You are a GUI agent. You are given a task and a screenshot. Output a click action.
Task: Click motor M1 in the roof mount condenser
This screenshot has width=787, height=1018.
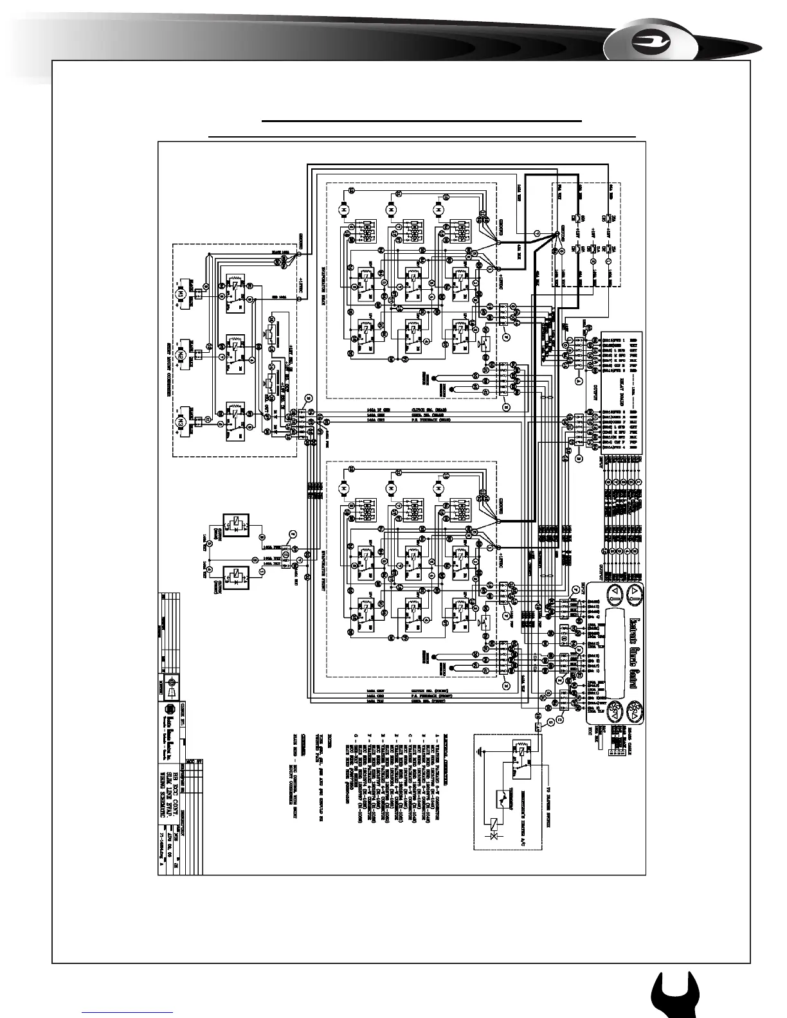click(181, 292)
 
